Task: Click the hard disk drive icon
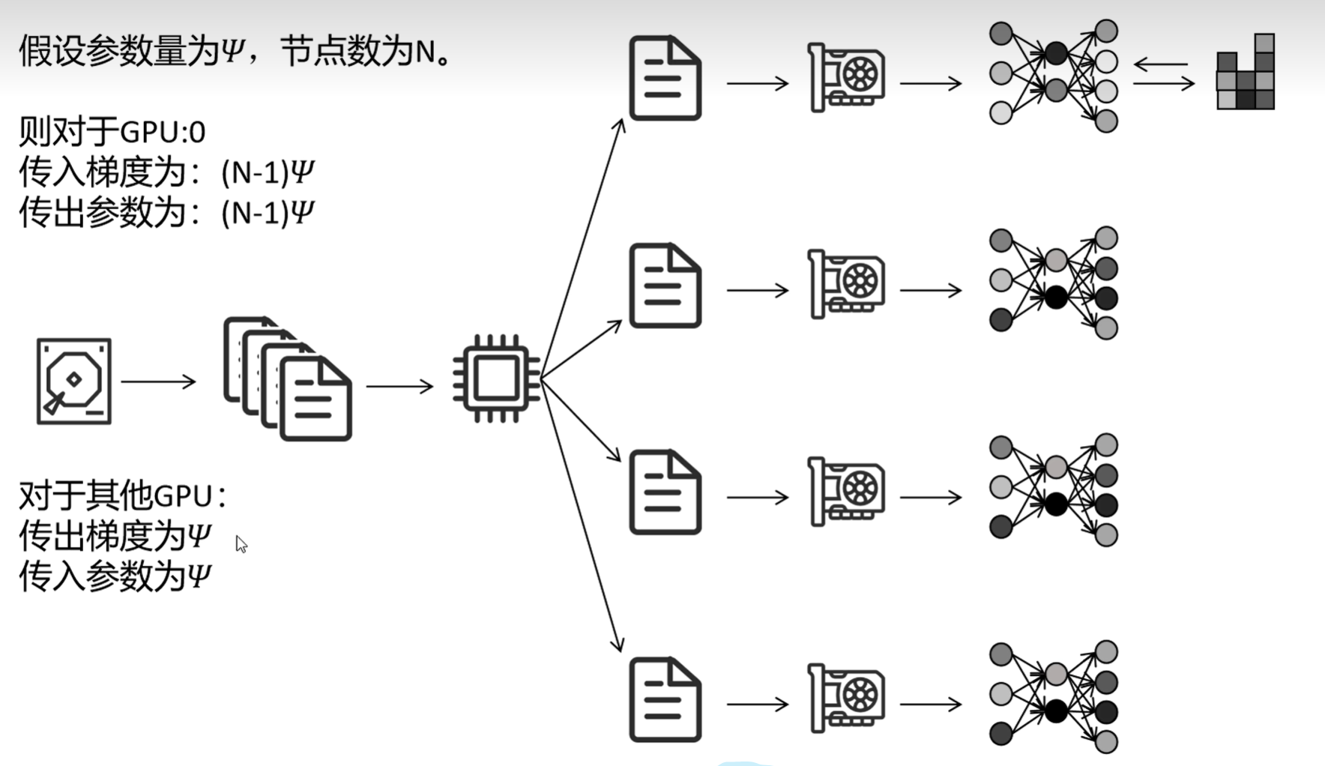pos(74,382)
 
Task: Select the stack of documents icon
pos(288,379)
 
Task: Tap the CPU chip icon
pos(496,379)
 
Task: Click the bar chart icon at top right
pos(1246,73)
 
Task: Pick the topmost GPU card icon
pos(846,77)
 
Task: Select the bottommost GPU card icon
pos(846,698)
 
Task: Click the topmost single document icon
pos(665,78)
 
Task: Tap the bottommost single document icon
pos(665,699)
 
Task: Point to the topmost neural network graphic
pos(1054,76)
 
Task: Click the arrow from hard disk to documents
pos(158,382)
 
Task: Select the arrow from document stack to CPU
pos(399,386)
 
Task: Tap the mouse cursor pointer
pos(241,544)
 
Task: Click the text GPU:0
pos(162,133)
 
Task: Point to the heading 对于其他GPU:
pos(122,496)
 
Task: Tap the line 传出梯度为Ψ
pos(115,537)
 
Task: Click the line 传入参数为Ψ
pos(115,577)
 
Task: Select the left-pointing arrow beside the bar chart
pos(1162,65)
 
